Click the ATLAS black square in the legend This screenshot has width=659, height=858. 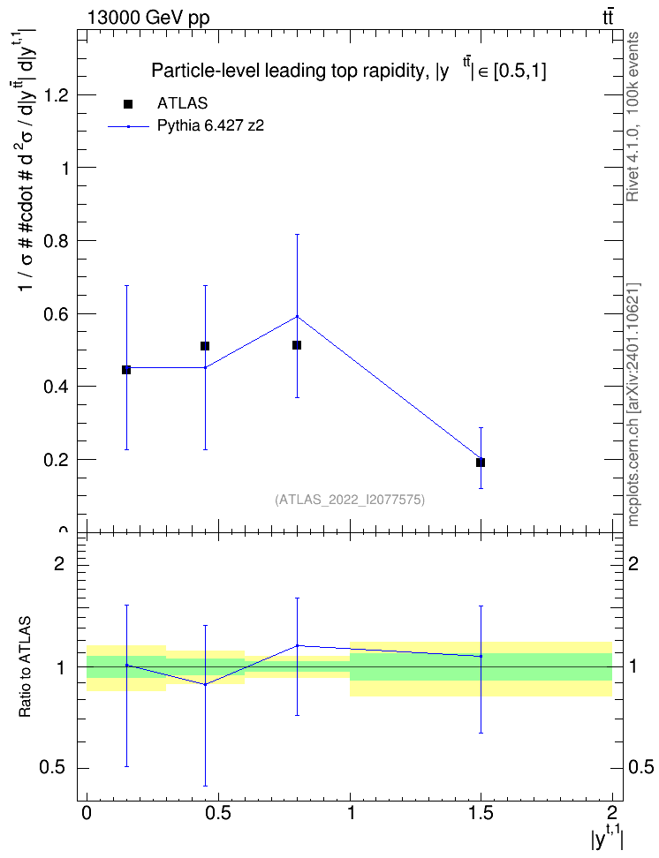(128, 103)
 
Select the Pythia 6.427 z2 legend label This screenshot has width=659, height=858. (210, 126)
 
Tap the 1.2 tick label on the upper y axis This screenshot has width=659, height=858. (57, 95)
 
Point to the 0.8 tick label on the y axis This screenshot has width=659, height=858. (57, 241)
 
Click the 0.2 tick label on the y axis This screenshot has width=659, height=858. (57, 460)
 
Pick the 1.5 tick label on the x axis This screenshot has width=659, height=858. (481, 813)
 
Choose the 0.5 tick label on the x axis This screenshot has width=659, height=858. (218, 813)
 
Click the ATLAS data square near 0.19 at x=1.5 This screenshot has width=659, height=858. (481, 463)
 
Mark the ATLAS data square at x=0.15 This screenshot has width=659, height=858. (126, 370)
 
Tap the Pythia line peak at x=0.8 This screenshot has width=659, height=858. (297, 316)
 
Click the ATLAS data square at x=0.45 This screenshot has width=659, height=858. (205, 346)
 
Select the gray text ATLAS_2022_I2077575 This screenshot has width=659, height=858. (350, 500)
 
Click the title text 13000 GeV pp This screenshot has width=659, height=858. (148, 18)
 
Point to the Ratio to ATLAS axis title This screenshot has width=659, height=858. (25, 667)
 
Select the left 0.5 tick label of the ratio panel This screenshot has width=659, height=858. (52, 768)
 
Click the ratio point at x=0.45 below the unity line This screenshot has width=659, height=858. (206, 684)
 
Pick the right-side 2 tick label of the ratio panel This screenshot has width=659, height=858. (633, 563)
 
